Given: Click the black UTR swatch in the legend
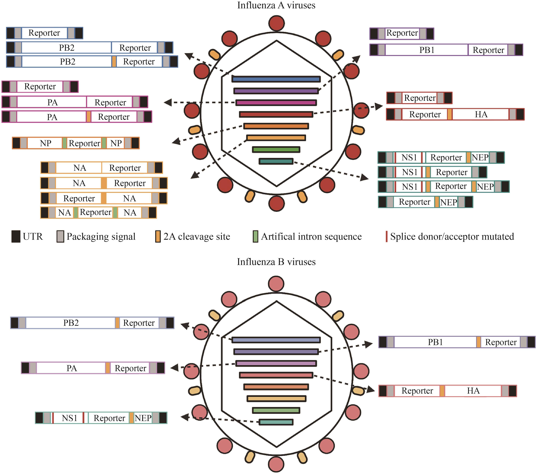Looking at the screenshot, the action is click(16, 236).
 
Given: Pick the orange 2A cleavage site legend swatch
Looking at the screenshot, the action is click(158, 236).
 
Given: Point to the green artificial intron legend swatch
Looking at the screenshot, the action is click(255, 236).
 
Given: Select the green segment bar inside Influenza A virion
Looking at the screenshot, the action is click(276, 150).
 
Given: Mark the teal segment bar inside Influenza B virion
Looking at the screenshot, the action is click(276, 422).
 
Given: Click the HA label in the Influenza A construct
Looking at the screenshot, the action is click(481, 114).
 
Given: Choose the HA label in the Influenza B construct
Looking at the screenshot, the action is click(473, 391).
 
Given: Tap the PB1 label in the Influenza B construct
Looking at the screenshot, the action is click(435, 342).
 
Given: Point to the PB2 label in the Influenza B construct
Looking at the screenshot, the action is click(71, 323).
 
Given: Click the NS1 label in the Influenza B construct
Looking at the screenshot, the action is click(69, 418).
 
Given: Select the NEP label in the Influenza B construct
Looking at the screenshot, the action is click(143, 418).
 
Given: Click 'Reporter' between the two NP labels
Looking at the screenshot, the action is click(84, 143).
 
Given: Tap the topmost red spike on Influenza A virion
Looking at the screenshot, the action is click(277, 23).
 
